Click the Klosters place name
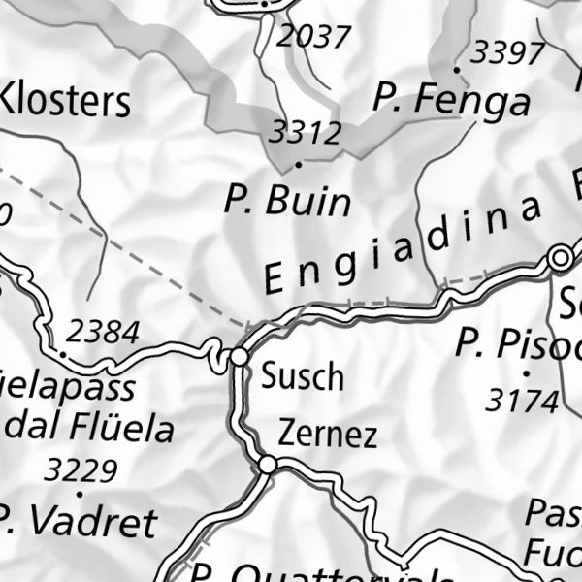pyautogui.click(x=64, y=100)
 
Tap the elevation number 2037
pyautogui.click(x=312, y=37)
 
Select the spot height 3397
pyautogui.click(x=507, y=52)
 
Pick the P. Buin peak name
pyautogui.click(x=287, y=201)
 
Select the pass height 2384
pyautogui.click(x=104, y=333)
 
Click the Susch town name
pyautogui.click(x=302, y=375)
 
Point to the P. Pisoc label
pyautogui.click(x=519, y=343)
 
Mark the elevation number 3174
pyautogui.click(x=523, y=399)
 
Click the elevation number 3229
pyautogui.click(x=81, y=471)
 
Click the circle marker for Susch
pyautogui.click(x=240, y=358)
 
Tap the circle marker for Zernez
pyautogui.click(x=267, y=467)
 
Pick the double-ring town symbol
pyautogui.click(x=560, y=258)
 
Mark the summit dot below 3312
pyautogui.click(x=298, y=164)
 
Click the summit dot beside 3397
pyautogui.click(x=456, y=70)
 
